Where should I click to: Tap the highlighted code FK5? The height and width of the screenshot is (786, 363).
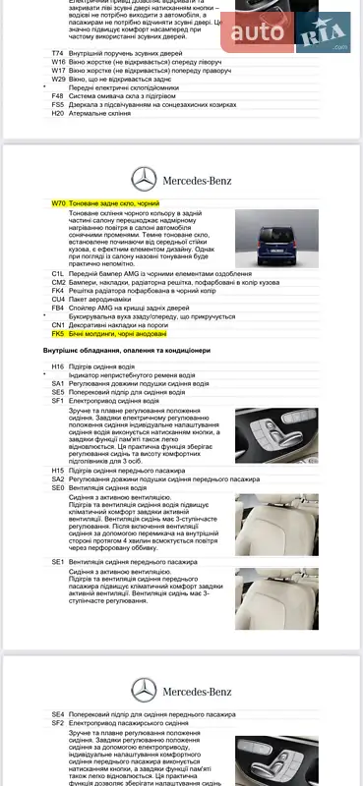57,334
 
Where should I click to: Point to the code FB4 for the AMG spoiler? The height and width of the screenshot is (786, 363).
57,308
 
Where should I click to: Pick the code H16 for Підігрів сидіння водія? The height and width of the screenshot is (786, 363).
57,365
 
